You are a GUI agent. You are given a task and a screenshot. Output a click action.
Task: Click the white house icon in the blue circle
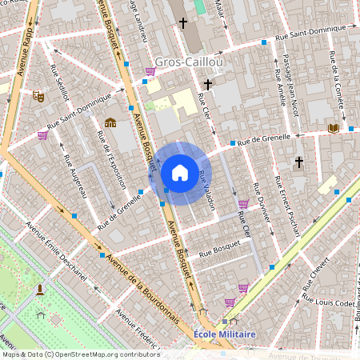click(x=180, y=172)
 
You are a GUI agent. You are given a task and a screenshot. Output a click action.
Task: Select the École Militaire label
click(x=224, y=334)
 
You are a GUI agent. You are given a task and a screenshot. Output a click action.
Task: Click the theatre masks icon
click(x=38, y=96)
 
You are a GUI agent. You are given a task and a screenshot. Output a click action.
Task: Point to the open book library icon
click(x=333, y=127)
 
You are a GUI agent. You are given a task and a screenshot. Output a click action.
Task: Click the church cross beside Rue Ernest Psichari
click(x=299, y=162)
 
